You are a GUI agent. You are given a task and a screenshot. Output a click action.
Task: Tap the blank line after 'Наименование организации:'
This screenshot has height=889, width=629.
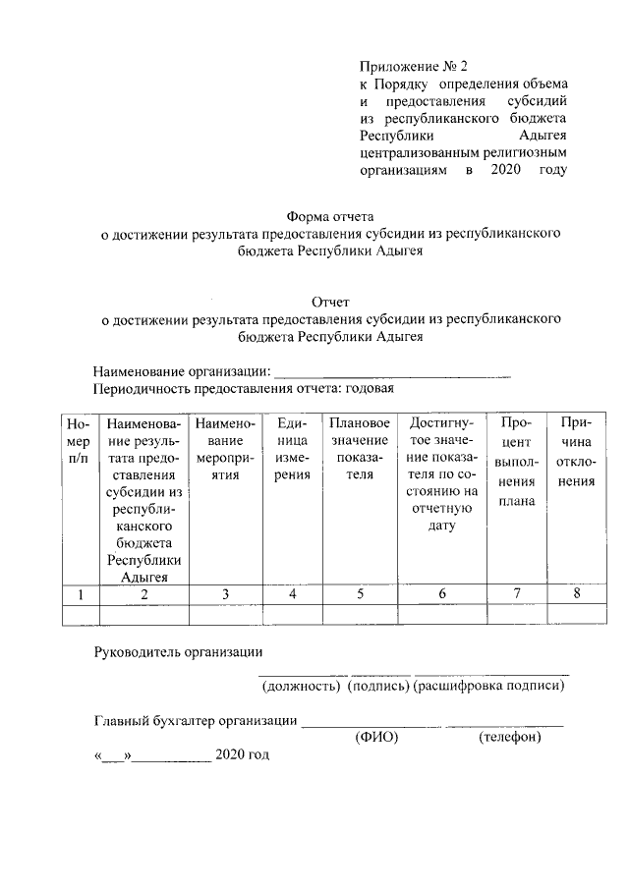point(392,371)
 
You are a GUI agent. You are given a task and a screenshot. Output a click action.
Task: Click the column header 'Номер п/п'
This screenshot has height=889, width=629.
point(79,440)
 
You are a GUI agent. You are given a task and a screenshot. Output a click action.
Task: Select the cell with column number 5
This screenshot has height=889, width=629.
point(361,594)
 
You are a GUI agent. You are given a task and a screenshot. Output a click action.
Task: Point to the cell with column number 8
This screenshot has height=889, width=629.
point(575,594)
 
